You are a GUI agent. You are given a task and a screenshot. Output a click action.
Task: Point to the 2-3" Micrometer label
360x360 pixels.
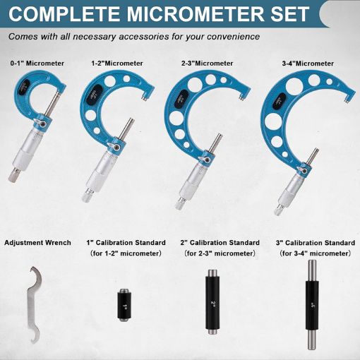pyautogui.click(x=208, y=64)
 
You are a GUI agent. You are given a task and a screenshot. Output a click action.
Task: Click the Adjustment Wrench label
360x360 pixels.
pyautogui.click(x=37, y=243)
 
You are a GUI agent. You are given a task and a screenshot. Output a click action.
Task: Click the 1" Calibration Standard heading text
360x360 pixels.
pyautogui.click(x=124, y=243)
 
